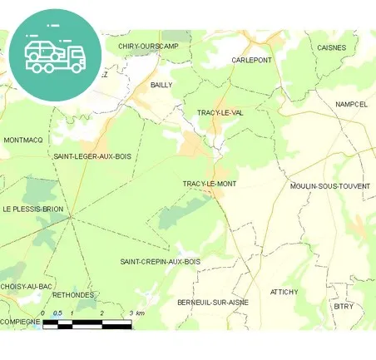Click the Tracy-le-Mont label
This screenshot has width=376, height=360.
(x=209, y=183)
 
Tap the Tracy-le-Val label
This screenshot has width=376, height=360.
(x=220, y=112)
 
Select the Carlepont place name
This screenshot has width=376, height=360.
(x=251, y=61)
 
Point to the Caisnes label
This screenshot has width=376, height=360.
(x=331, y=47)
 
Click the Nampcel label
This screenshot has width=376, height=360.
(x=351, y=104)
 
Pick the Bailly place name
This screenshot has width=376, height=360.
(x=161, y=85)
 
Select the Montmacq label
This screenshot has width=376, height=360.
(x=22, y=140)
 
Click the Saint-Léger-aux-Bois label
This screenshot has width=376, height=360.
(x=92, y=155)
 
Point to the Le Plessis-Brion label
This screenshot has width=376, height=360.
(x=32, y=209)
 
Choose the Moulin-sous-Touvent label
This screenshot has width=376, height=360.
(x=330, y=186)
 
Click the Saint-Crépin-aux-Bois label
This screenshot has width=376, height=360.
(x=161, y=262)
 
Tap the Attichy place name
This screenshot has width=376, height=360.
(x=283, y=292)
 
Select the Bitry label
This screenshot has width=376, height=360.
(x=344, y=306)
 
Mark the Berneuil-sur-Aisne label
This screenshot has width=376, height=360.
(x=213, y=302)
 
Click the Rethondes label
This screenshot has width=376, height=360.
(x=72, y=293)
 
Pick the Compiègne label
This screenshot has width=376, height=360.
(x=20, y=321)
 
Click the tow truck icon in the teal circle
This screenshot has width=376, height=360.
(x=55, y=55)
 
